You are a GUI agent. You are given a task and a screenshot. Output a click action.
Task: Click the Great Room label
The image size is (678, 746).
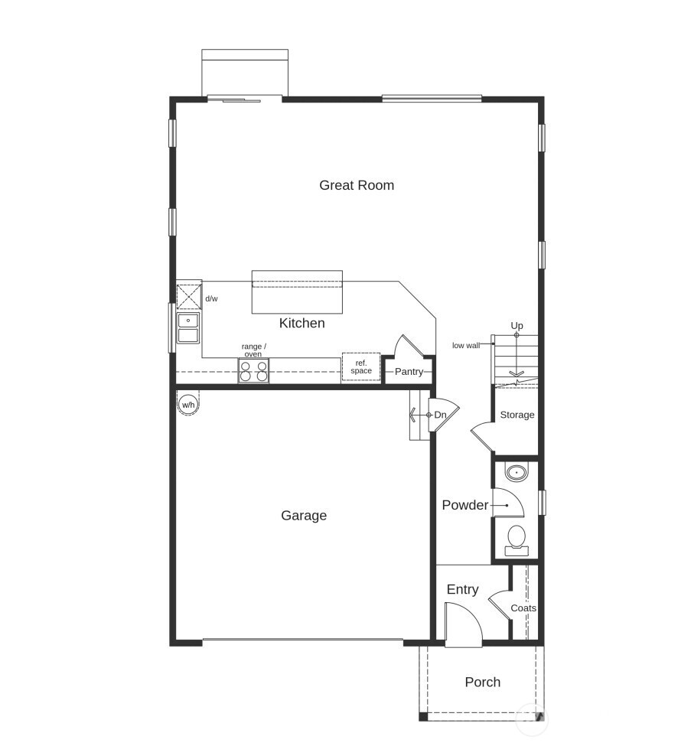(357, 185)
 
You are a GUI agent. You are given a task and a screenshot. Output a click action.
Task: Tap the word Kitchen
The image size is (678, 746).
(302, 323)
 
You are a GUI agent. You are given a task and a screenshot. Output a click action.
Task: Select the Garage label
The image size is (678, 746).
(304, 516)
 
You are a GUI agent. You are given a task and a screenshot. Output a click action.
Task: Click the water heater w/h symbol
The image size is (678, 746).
(187, 404)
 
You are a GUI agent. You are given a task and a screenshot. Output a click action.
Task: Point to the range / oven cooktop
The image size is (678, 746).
(253, 371)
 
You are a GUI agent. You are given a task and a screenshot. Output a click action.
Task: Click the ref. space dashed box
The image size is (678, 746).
(361, 366)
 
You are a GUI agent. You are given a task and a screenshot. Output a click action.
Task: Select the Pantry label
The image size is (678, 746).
(409, 372)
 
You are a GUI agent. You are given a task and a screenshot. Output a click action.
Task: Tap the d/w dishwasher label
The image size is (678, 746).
(211, 298)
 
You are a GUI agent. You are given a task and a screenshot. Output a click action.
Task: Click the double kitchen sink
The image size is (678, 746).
(187, 327)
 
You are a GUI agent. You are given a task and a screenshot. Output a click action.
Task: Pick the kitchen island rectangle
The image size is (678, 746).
(297, 292)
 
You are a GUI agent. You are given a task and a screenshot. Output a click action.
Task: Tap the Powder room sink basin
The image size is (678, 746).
(517, 472)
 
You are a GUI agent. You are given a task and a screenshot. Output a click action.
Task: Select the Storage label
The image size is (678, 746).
(517, 415)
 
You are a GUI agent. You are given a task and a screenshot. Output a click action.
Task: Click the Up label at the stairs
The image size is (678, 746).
(517, 326)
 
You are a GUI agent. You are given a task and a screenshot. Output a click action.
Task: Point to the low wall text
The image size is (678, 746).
(466, 345)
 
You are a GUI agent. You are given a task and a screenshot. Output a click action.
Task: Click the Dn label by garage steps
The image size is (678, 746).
(440, 415)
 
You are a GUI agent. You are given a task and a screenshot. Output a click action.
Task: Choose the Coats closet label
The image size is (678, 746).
(523, 608)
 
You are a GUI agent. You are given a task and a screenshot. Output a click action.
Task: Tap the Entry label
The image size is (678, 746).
(462, 589)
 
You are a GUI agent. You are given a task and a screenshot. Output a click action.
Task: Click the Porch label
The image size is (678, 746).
(483, 682)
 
